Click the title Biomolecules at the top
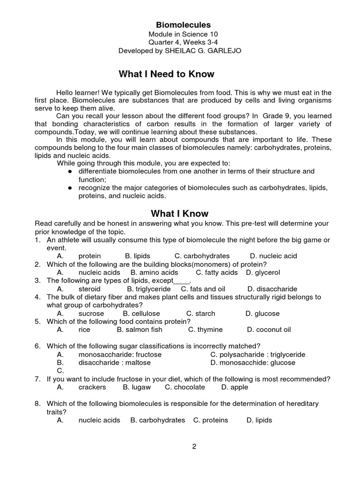coord(183,25)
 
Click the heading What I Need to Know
coord(166,74)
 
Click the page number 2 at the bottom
coord(194,446)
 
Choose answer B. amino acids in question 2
coord(154,272)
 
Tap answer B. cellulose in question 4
coord(141,313)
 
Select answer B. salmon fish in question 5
coord(139,330)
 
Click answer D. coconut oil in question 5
coord(269,330)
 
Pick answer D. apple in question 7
coord(235,387)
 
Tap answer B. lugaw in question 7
coord(136,387)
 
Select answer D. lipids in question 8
coord(259,420)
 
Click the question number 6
coord(37,346)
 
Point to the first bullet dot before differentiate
coord(69,172)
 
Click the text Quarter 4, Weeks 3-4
coord(183,42)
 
